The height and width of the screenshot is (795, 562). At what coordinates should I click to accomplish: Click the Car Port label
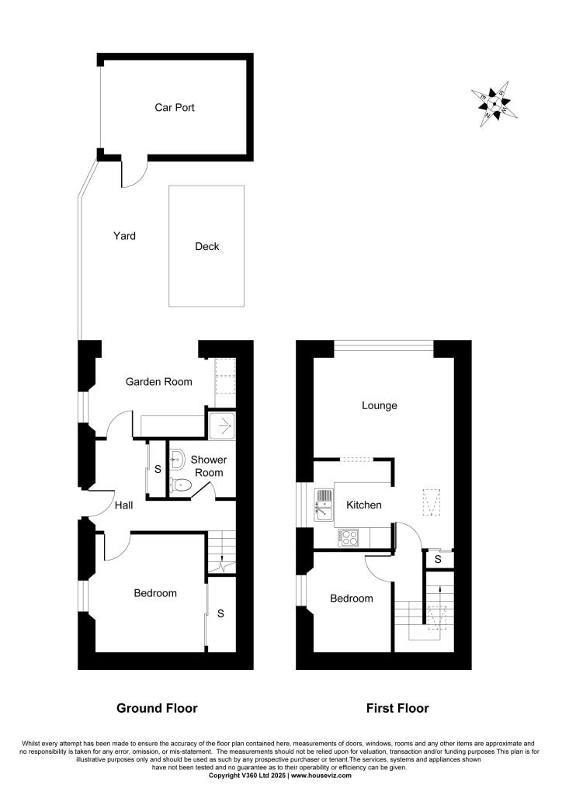[174, 108]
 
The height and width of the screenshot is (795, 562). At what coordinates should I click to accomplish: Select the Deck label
[206, 247]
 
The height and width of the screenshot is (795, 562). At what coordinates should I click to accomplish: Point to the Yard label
[124, 235]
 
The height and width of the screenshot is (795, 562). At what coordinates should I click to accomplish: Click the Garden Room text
[159, 381]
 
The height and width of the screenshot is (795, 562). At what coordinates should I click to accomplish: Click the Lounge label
[380, 405]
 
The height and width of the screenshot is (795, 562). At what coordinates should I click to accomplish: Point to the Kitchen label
[363, 505]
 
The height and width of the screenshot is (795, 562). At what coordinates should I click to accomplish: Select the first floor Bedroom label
[351, 599]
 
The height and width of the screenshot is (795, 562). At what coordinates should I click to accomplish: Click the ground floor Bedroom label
[155, 593]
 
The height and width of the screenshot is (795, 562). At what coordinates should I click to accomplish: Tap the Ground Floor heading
[157, 708]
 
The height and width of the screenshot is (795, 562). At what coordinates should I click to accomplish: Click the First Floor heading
[397, 708]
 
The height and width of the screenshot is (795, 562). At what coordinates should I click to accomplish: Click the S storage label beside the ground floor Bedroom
[220, 614]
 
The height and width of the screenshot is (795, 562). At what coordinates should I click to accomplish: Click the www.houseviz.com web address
[321, 776]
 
